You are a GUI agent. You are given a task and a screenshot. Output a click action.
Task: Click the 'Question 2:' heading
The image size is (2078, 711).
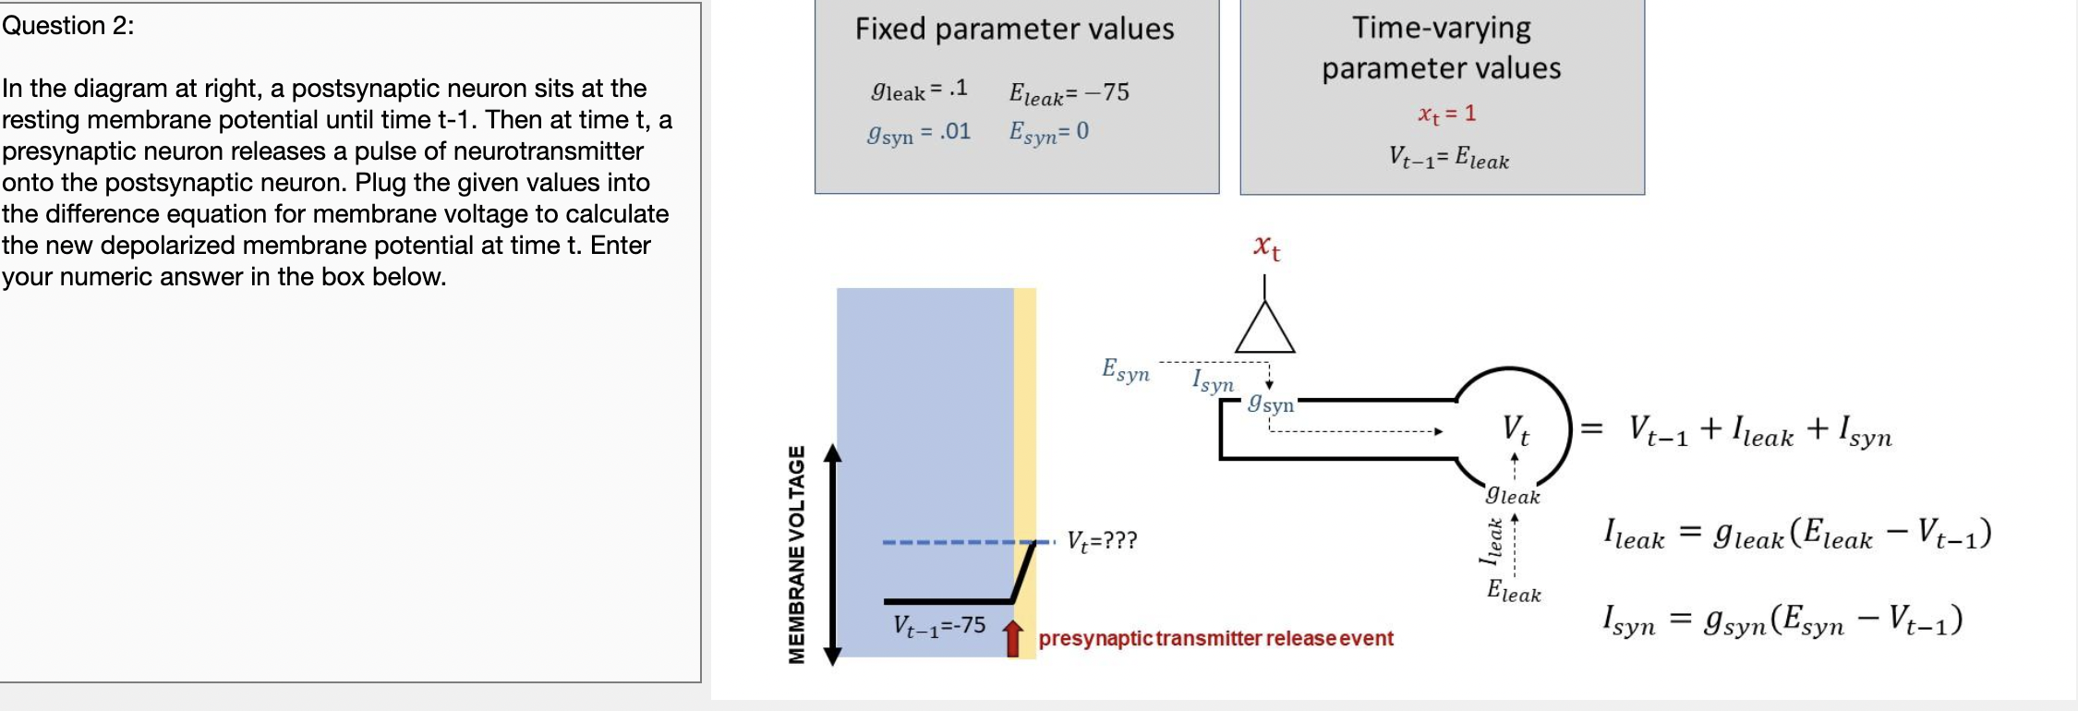click(x=67, y=26)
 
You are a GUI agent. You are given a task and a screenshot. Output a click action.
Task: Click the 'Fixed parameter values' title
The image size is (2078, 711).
click(x=1014, y=30)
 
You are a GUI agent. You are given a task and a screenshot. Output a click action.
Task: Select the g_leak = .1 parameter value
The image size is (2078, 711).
click(x=919, y=90)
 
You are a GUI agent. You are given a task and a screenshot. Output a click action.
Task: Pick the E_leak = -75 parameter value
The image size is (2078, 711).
click(x=1069, y=93)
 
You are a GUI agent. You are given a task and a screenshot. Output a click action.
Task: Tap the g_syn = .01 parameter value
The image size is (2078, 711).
click(x=919, y=133)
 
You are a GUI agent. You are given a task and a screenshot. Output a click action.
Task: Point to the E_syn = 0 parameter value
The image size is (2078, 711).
click(x=1048, y=133)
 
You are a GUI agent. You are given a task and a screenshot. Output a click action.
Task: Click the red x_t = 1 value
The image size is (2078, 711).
click(x=1446, y=114)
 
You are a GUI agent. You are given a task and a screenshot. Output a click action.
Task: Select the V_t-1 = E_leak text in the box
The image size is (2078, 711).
click(x=1448, y=158)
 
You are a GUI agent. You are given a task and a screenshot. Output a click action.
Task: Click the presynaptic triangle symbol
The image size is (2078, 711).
click(x=1264, y=331)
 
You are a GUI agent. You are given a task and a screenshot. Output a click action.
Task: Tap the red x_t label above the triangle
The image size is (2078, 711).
click(x=1266, y=247)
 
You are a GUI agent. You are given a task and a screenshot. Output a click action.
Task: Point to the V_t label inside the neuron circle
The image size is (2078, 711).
click(x=1515, y=429)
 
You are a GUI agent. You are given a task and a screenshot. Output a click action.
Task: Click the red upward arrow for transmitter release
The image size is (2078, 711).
click(x=1013, y=638)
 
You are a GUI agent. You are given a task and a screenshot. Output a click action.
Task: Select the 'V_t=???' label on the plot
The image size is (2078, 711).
click(x=1102, y=540)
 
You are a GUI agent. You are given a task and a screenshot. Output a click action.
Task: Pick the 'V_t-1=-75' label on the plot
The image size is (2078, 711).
click(x=938, y=626)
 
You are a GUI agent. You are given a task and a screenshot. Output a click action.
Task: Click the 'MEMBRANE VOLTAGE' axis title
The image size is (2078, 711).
click(x=796, y=554)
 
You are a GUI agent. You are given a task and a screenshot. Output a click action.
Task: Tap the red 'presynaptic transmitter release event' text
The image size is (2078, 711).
click(x=1215, y=638)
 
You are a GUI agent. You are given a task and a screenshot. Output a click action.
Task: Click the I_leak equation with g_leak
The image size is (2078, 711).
click(x=1796, y=534)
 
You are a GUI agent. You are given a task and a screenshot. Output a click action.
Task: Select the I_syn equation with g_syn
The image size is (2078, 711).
click(x=1782, y=620)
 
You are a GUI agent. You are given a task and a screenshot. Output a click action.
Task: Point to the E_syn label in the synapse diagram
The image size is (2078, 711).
click(x=1125, y=370)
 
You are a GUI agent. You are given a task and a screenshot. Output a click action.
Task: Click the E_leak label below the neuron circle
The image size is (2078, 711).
click(x=1513, y=591)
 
